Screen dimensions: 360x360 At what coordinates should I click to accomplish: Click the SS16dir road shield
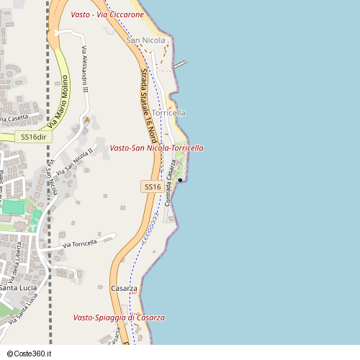[x=33, y=137]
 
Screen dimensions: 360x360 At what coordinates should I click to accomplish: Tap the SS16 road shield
[x=152, y=186]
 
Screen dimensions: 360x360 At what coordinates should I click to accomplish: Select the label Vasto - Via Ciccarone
[x=107, y=14]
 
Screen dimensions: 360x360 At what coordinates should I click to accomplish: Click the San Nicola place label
[x=146, y=40]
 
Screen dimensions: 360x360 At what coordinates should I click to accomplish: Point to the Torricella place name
[x=169, y=113]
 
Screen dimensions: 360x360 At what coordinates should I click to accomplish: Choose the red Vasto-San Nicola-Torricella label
[x=156, y=148]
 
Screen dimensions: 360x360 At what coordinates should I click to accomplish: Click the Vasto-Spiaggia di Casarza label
[x=119, y=318]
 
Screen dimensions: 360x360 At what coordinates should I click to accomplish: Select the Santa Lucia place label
[x=18, y=288]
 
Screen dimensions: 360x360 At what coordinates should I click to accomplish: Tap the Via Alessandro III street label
[x=84, y=70]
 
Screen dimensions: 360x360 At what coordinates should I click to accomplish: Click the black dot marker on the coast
[x=180, y=180]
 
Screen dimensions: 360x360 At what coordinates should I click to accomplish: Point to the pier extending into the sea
[x=179, y=64]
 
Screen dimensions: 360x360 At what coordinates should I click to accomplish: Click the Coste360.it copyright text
[x=31, y=354]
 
